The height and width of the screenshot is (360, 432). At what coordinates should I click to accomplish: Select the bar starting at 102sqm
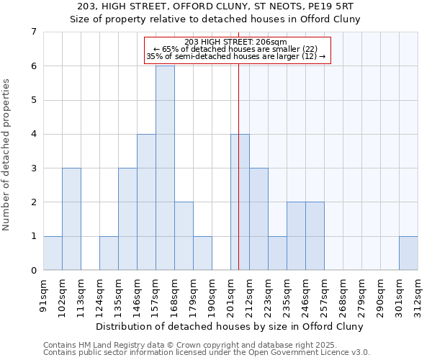[71, 219]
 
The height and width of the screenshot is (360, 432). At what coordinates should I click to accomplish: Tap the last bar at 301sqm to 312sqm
[408, 253]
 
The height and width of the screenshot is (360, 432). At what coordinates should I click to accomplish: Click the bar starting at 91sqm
[53, 253]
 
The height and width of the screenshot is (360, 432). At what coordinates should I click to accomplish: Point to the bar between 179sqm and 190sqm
[202, 253]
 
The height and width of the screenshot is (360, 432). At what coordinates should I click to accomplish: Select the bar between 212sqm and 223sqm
[258, 219]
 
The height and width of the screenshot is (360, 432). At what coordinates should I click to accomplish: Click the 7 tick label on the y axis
[33, 32]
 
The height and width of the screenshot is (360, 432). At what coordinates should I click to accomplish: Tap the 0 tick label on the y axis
[33, 271]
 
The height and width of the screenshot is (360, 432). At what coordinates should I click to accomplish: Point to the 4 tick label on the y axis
[33, 134]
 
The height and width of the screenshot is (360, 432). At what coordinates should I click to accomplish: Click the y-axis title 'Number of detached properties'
[7, 156]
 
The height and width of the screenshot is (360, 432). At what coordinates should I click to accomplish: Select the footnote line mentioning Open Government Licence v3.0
[207, 353]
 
